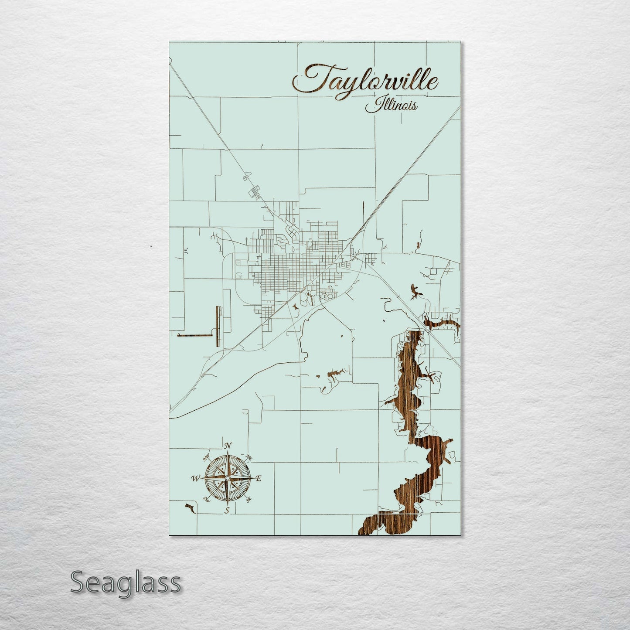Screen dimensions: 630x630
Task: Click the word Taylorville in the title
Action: [365, 79]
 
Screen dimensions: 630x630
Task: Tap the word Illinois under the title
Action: [391, 106]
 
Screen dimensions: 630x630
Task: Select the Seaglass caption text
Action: [125, 582]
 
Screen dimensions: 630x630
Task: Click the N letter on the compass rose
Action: [227, 446]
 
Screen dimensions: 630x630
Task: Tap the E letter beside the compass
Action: [258, 479]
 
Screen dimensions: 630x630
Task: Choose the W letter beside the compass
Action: [195, 479]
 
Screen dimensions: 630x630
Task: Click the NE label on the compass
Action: [249, 457]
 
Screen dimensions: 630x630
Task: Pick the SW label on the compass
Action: [207, 500]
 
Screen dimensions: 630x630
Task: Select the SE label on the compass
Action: [249, 500]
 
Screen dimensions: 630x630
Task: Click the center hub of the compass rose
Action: [227, 478]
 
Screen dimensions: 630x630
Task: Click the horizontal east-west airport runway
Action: [194, 335]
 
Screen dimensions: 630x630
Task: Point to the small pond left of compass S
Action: [189, 507]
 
